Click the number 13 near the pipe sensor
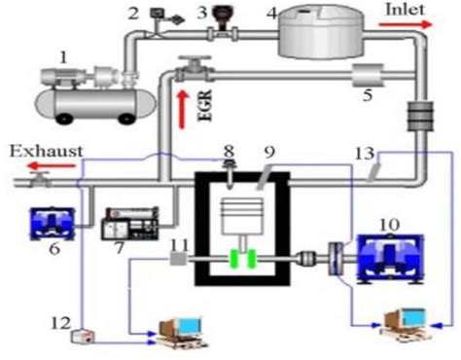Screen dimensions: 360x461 click(x=365, y=153)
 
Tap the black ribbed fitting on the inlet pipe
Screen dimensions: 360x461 click(x=423, y=116)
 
